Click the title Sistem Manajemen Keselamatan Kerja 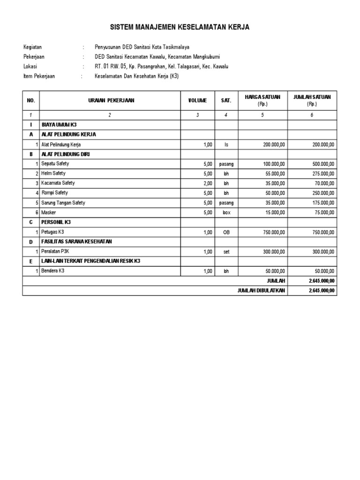tap(180, 28)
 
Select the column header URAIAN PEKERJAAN tap(111, 100)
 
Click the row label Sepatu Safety tap(57, 164)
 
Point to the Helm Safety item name tap(55, 173)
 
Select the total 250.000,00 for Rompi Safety tap(323, 193)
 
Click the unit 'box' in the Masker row tap(226, 212)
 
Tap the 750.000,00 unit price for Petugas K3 tap(273, 232)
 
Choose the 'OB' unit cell tap(226, 232)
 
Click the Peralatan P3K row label tap(58, 251)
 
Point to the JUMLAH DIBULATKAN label tap(261, 291)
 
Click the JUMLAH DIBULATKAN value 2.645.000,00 tap(322, 291)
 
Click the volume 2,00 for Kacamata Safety tap(208, 183)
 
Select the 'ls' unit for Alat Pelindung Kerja tap(226, 145)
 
